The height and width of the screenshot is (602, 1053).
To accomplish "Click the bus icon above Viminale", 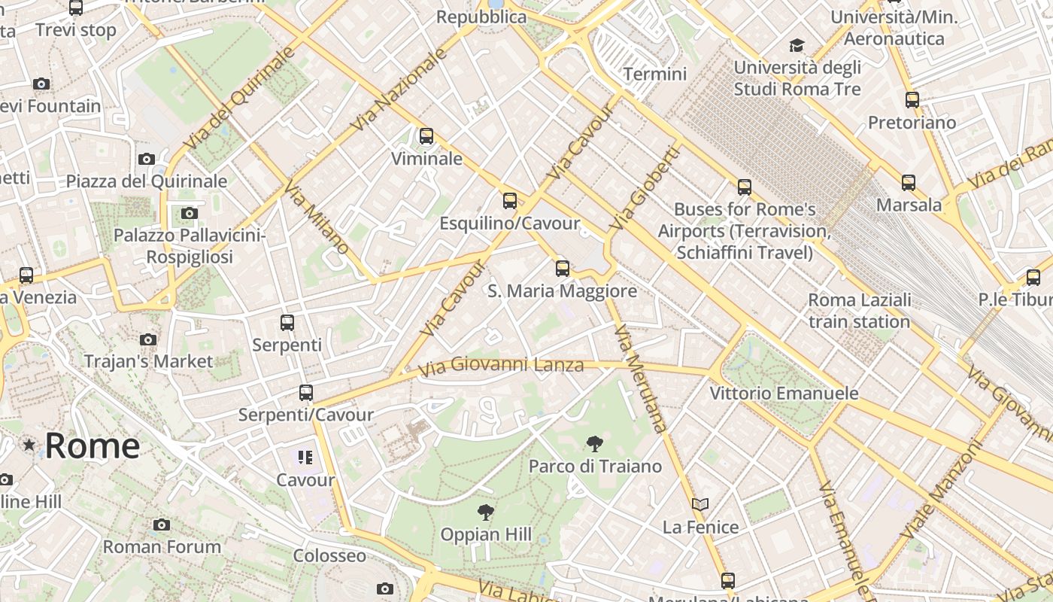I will tap(426, 136).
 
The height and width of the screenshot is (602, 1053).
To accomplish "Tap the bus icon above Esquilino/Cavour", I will tap(510, 201).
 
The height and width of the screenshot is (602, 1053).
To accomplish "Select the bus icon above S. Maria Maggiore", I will tap(562, 269).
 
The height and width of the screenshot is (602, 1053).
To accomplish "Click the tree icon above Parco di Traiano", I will tap(594, 444).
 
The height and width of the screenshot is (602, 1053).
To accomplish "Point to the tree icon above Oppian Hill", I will tap(486, 513).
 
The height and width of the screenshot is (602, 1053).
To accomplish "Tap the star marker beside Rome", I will tap(29, 445).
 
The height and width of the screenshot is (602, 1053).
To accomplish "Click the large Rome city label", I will tap(92, 445).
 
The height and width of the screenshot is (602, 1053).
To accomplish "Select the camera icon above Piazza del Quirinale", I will tap(147, 159).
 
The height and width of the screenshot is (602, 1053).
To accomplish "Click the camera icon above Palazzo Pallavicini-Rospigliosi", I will tap(190, 214).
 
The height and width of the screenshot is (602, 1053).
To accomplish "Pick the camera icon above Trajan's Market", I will tap(148, 339).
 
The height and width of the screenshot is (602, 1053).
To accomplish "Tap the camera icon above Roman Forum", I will tap(162, 524).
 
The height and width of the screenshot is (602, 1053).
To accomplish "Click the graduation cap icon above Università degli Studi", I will tap(797, 46).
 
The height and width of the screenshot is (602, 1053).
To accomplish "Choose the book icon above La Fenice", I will tap(700, 504).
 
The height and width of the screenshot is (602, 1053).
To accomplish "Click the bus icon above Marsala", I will tap(909, 182).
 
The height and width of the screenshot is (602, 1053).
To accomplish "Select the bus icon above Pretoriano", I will tap(912, 99).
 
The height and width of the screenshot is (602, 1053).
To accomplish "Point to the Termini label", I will tap(655, 74).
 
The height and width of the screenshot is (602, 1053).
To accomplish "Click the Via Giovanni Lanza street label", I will tap(501, 366).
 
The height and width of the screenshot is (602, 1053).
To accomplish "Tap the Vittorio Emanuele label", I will tap(784, 393).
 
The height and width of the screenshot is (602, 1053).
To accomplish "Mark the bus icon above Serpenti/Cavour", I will tap(305, 393).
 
